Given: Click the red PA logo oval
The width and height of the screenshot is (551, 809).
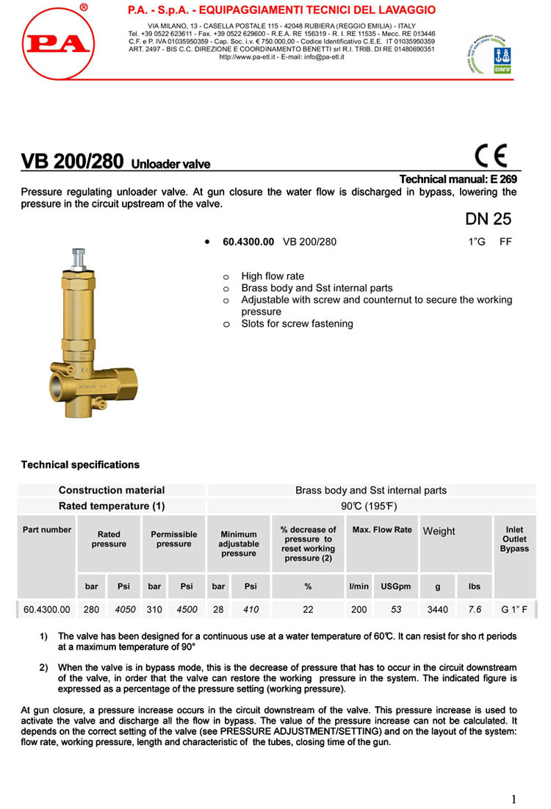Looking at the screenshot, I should (x=57, y=42).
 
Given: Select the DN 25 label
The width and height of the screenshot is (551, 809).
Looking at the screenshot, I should (x=488, y=219).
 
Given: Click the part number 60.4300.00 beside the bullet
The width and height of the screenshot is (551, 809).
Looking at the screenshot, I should (x=248, y=241).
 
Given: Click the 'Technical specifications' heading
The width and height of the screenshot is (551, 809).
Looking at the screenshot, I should (x=80, y=464).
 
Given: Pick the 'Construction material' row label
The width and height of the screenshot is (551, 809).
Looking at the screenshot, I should (x=112, y=490).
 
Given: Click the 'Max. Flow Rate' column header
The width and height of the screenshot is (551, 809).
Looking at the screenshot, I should (x=382, y=530).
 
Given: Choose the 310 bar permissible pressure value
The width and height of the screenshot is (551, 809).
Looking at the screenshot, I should (x=154, y=609).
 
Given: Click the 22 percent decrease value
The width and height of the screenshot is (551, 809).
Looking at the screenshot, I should (x=308, y=609).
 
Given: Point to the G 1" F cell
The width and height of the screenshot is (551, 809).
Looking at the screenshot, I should (x=514, y=609).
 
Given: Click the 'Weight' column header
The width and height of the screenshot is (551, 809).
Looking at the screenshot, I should (x=439, y=531).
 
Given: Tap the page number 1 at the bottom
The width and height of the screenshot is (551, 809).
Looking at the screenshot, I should (x=514, y=799).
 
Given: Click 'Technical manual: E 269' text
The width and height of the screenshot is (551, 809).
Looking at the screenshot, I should (x=458, y=179).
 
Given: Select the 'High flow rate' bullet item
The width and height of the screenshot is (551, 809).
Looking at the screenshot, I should (x=273, y=276).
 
